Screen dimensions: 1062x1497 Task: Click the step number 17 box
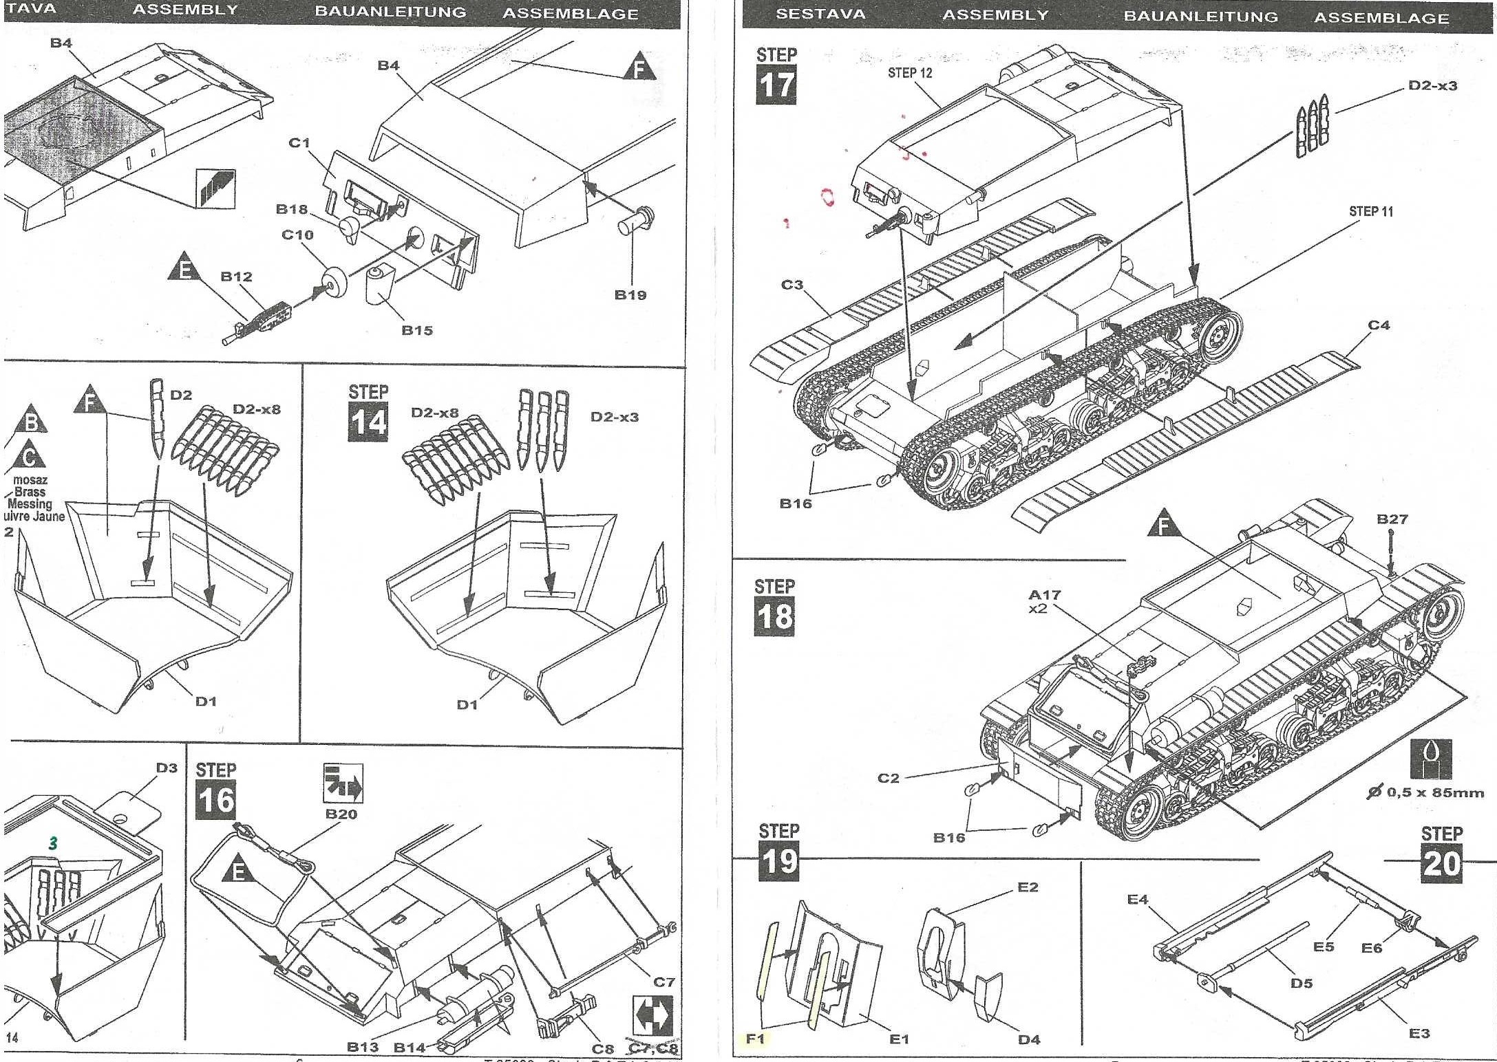coord(776,85)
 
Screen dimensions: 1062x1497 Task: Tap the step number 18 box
coord(774,616)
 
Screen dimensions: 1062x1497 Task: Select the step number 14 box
coord(368,422)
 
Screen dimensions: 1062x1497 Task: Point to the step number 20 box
coord(1441,863)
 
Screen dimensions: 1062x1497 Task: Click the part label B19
coord(630,295)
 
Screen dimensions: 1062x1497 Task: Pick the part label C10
coord(297,235)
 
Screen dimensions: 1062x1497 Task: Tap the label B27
coord(1392,519)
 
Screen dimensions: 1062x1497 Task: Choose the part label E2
coord(1028,887)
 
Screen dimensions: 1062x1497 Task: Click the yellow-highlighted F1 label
coord(755,1039)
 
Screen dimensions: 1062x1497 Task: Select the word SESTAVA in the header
coord(820,14)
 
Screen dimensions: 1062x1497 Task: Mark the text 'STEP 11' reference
coord(1370,212)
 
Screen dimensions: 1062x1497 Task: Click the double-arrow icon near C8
coord(652,1014)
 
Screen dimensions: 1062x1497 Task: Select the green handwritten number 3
coord(53,843)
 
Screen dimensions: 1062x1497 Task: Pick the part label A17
coord(1044,594)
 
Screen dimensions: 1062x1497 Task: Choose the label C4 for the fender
coord(1379,325)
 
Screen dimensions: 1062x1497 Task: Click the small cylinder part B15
coord(377,285)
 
